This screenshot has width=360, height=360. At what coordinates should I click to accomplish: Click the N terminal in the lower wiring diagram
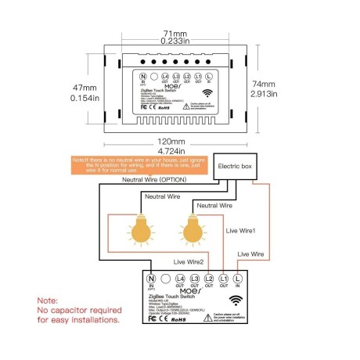point(150,279)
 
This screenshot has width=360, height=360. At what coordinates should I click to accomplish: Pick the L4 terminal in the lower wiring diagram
point(180,279)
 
